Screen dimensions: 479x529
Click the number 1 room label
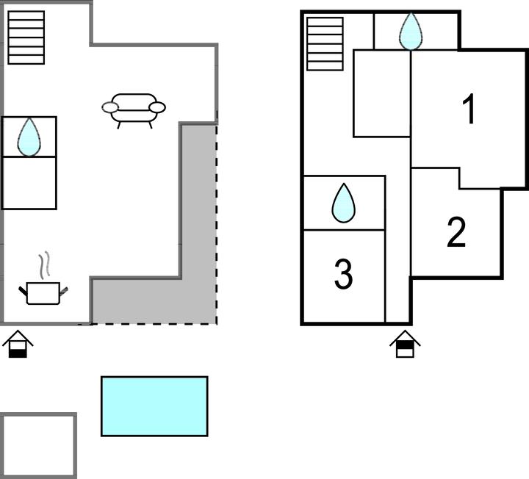(469, 111)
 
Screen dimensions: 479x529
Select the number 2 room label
(456, 233)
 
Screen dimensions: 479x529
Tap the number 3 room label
(343, 274)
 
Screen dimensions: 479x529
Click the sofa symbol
(133, 108)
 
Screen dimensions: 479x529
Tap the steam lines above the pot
(44, 264)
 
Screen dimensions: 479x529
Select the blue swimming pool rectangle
(154, 406)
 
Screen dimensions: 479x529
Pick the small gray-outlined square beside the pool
(38, 445)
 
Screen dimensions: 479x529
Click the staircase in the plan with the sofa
(26, 37)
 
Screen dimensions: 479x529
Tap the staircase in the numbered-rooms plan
(325, 43)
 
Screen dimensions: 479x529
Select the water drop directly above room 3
(343, 204)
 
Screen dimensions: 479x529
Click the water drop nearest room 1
(411, 32)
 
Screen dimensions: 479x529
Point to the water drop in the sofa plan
(29, 137)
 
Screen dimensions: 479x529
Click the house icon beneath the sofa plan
(19, 344)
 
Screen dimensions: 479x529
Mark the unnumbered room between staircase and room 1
(381, 93)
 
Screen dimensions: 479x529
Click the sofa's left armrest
(110, 108)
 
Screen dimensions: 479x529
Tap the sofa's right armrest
(156, 108)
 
